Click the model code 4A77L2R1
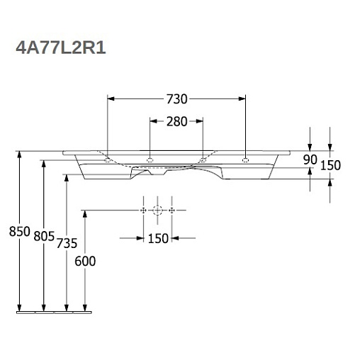click(61, 48)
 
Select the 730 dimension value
click(177, 99)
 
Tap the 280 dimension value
click(177, 122)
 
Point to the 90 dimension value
click(310, 160)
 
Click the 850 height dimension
click(20, 232)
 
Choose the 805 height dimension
click(44, 236)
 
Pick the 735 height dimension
click(67, 243)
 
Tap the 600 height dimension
click(85, 261)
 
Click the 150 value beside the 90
click(330, 165)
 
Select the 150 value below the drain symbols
click(158, 239)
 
